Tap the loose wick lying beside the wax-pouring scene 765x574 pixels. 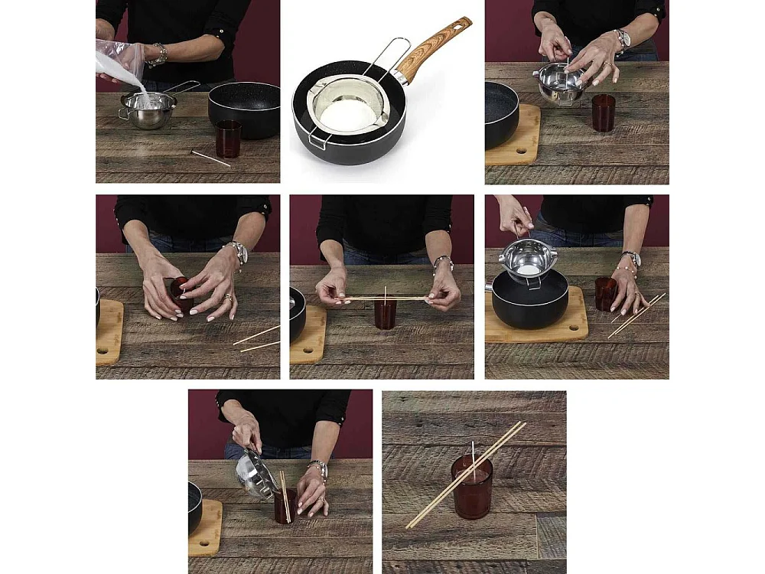tap(210, 158)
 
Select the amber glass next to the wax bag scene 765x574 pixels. tap(228, 139)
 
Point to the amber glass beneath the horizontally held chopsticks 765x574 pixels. tap(386, 314)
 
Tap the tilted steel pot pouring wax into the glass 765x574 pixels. tap(255, 474)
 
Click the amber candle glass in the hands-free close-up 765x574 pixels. tap(471, 490)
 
